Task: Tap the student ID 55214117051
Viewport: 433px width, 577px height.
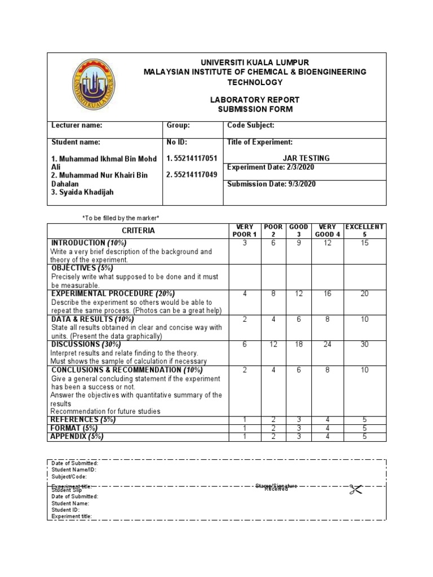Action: click(192, 158)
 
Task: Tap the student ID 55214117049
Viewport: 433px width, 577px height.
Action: click(192, 175)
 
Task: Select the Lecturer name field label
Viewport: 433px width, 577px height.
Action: click(77, 126)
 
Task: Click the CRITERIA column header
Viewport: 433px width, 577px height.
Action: click(138, 230)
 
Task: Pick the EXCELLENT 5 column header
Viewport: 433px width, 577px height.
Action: click(364, 230)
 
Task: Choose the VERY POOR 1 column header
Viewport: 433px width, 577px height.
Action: click(244, 230)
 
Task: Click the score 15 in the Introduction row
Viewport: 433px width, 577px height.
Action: click(364, 243)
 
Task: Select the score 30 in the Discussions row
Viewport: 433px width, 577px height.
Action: click(364, 344)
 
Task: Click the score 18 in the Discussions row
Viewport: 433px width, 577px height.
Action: click(298, 344)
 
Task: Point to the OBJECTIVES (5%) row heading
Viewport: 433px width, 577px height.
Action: click(82, 268)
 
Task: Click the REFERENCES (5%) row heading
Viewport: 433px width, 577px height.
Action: click(82, 420)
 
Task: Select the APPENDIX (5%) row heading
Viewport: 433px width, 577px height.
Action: click(78, 436)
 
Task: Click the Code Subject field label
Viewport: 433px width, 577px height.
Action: click(250, 126)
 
